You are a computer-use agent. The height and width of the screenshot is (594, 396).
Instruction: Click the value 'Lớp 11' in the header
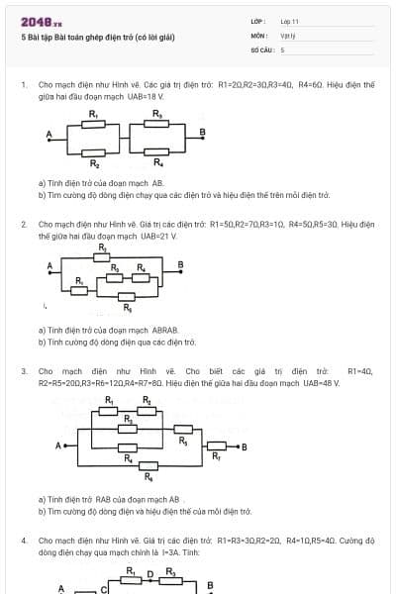click(289, 21)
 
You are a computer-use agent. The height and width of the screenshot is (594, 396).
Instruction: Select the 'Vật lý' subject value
click(288, 35)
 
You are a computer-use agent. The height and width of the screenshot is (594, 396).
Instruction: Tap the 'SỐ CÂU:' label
click(261, 49)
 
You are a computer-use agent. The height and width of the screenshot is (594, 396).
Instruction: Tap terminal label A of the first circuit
click(48, 135)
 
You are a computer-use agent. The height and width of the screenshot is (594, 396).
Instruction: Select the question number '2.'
click(24, 225)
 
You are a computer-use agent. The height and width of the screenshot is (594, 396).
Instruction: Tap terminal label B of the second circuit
click(180, 263)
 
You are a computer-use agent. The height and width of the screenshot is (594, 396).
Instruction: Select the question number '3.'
click(24, 370)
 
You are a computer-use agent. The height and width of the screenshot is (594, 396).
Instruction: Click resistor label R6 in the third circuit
click(149, 478)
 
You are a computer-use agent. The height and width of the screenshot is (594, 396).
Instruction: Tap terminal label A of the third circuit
click(58, 445)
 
